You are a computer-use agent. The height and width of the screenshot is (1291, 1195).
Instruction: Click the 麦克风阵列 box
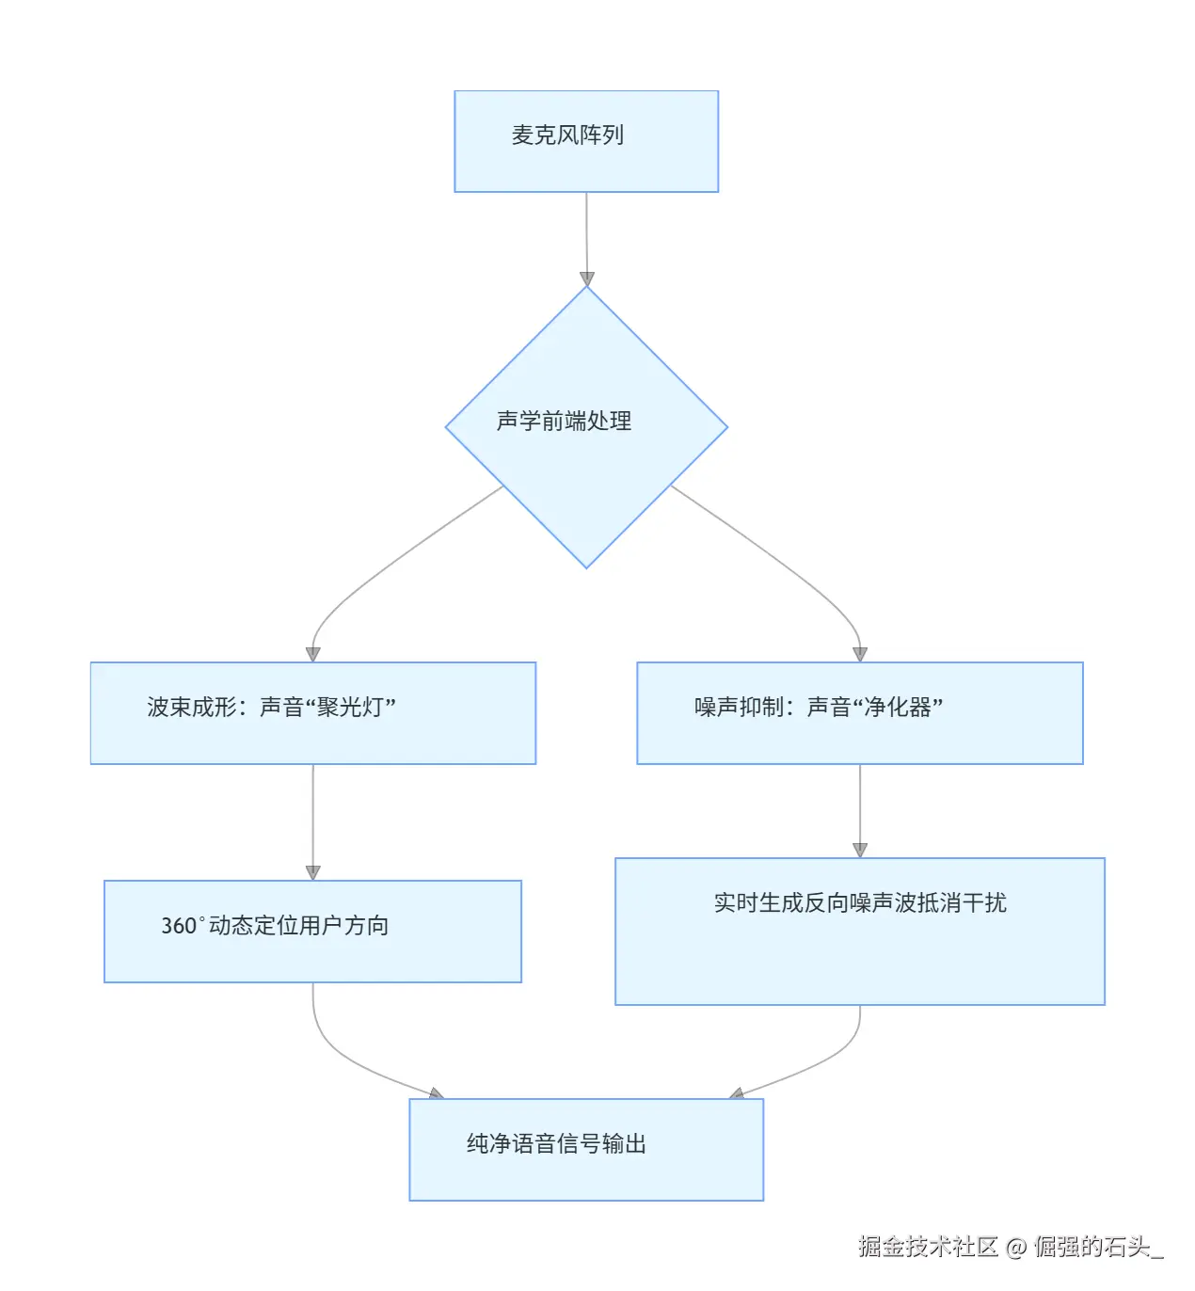click(x=586, y=141)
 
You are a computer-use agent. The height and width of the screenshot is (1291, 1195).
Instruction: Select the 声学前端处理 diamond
click(x=586, y=426)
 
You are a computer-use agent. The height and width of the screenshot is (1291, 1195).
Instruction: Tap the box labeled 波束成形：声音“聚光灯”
click(x=312, y=712)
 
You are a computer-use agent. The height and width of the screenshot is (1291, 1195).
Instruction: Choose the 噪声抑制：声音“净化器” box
click(x=859, y=712)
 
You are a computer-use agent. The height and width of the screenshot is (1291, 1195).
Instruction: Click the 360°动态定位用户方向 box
click(x=312, y=931)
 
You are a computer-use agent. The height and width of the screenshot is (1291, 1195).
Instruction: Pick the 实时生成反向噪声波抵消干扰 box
click(x=859, y=931)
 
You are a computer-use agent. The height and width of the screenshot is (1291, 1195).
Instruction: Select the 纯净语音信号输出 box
click(x=586, y=1149)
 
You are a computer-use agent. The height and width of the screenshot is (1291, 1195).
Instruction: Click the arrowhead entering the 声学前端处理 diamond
click(x=587, y=279)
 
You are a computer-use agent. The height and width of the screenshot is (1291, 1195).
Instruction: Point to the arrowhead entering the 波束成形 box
click(x=313, y=654)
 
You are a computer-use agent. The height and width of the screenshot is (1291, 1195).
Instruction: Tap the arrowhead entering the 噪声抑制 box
click(x=859, y=654)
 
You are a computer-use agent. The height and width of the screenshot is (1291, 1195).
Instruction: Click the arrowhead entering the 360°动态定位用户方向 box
click(x=313, y=872)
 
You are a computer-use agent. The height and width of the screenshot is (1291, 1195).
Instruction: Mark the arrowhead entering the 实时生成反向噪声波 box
click(x=859, y=850)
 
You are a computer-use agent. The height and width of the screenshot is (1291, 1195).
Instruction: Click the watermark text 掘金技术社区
click(x=928, y=1247)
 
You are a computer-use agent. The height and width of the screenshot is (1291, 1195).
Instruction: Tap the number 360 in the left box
click(x=178, y=926)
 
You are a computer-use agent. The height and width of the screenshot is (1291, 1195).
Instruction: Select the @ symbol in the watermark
click(x=1015, y=1248)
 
